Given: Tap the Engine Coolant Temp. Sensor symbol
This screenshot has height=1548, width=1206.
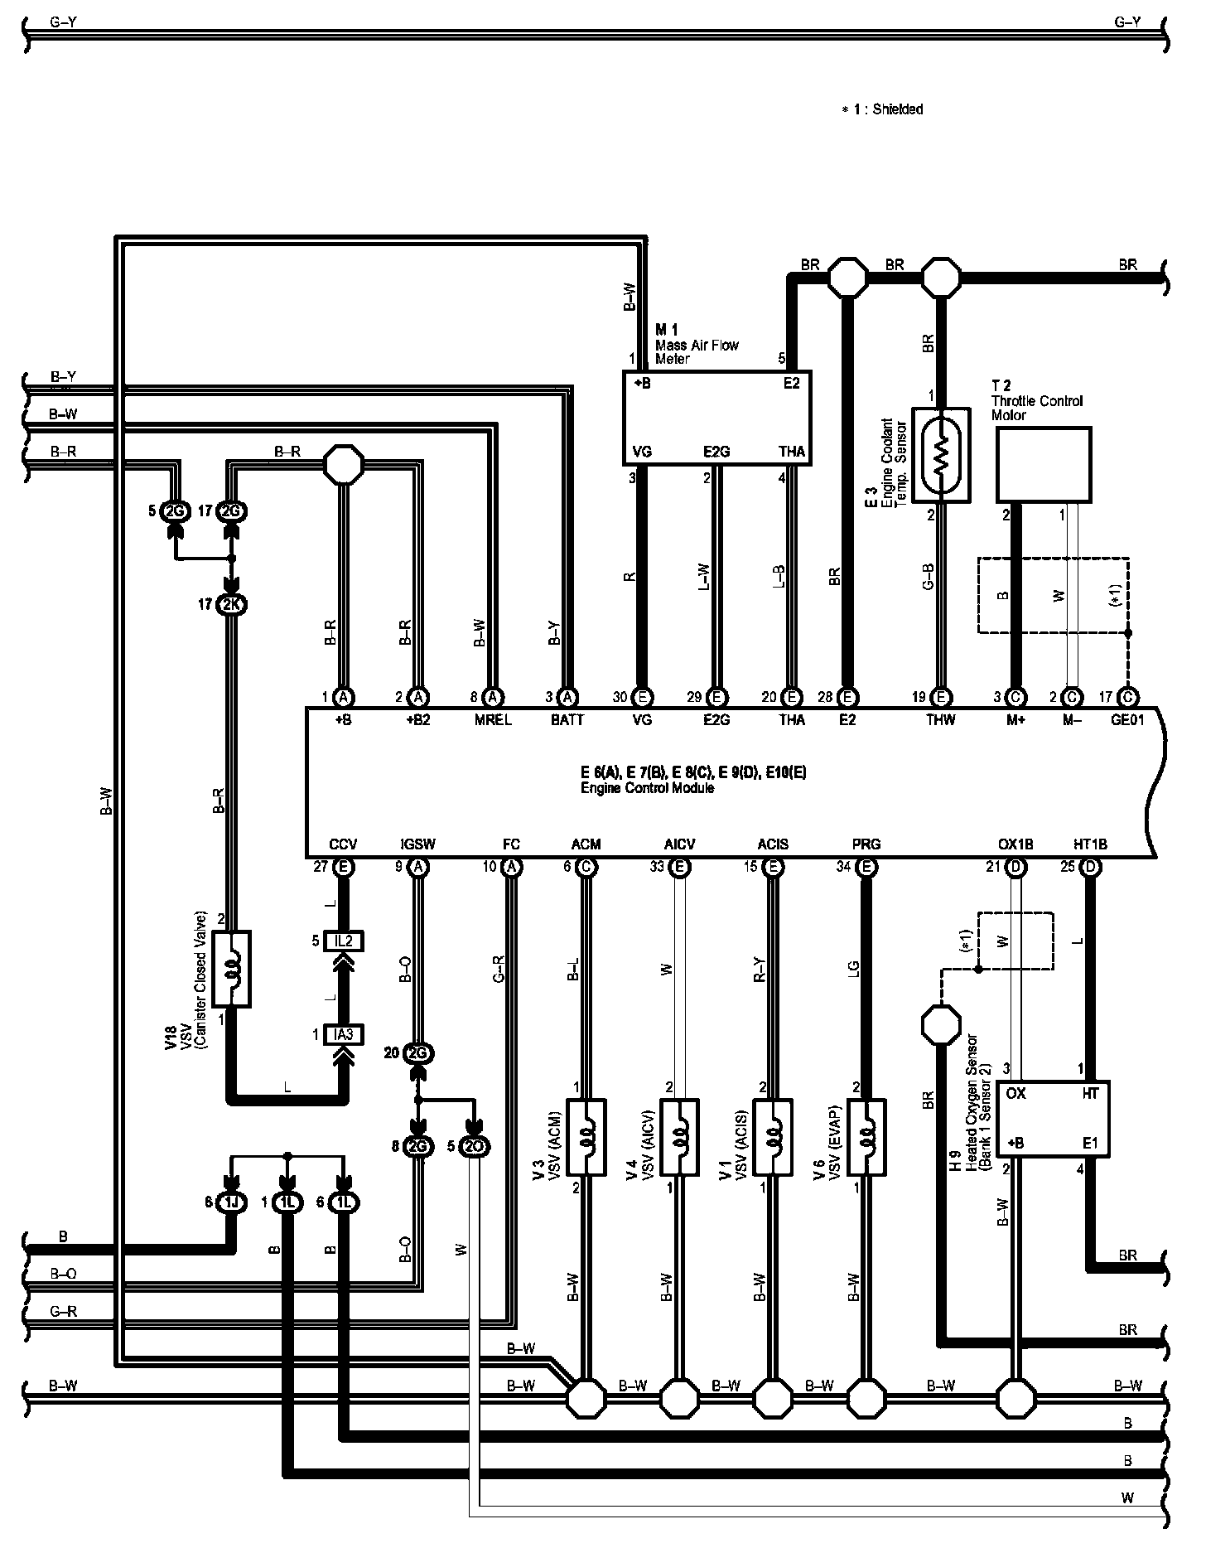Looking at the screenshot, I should tap(940, 454).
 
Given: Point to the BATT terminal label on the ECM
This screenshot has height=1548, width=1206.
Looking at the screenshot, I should tap(567, 720).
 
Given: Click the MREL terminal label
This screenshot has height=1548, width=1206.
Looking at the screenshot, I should tap(493, 720).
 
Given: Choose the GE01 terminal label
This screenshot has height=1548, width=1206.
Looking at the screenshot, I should tap(1126, 720).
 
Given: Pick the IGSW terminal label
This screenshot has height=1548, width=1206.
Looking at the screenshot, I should tap(418, 844).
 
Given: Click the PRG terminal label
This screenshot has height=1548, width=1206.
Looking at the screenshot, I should tap(866, 844).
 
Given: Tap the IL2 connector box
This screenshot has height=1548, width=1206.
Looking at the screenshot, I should tap(344, 941).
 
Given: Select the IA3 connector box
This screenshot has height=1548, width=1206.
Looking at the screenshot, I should tap(344, 1034).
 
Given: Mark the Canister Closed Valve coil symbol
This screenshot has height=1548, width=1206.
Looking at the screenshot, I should tap(232, 970).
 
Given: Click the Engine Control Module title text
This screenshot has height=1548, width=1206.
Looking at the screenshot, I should tap(647, 788).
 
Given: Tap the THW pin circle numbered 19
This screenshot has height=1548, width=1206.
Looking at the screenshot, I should tap(941, 697).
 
